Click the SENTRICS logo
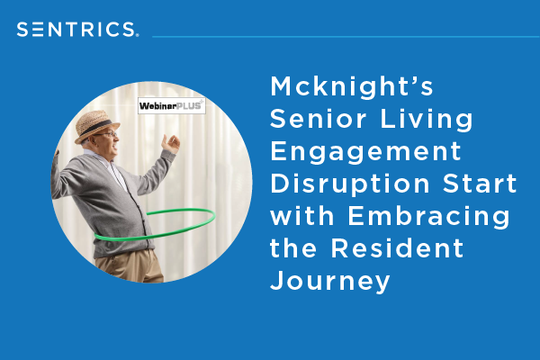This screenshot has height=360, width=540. [x=77, y=30]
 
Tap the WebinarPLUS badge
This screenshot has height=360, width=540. [x=172, y=106]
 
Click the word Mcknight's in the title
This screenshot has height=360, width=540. [x=352, y=86]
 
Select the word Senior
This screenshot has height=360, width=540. [x=319, y=119]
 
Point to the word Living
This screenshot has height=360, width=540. [x=427, y=120]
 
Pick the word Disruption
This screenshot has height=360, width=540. [x=350, y=184]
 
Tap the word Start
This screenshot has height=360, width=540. [x=480, y=184]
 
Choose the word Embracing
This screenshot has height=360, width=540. [x=428, y=217]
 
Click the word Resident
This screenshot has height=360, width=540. [x=398, y=248]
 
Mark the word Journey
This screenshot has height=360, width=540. [x=330, y=282]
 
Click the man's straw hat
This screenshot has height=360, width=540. [x=96, y=125]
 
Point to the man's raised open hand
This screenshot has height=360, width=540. [x=171, y=144]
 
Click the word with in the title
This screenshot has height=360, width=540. [x=302, y=216]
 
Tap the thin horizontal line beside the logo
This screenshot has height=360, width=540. [x=346, y=37]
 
